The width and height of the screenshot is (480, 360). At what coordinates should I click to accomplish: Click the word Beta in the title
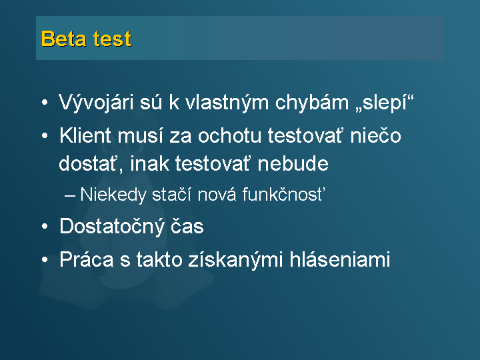pyautogui.click(x=64, y=39)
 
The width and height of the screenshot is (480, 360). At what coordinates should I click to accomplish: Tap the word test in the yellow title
pyautogui.click(x=113, y=39)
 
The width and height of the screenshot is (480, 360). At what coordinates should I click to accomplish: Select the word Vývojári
pyautogui.click(x=96, y=102)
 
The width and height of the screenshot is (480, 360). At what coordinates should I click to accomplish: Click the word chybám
pyautogui.click(x=312, y=102)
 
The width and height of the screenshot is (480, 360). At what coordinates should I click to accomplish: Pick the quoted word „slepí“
pyautogui.click(x=385, y=102)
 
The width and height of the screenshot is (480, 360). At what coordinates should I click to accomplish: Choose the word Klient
pyautogui.click(x=85, y=135)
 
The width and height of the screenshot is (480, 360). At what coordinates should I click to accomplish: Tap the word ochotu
pyautogui.click(x=230, y=135)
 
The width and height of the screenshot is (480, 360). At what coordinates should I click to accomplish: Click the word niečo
pyautogui.click(x=375, y=135)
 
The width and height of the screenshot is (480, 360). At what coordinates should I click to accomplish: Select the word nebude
pyautogui.click(x=293, y=163)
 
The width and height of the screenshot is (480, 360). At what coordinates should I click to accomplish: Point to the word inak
pyautogui.click(x=150, y=163)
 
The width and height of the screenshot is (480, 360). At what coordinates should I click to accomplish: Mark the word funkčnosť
pyautogui.click(x=283, y=194)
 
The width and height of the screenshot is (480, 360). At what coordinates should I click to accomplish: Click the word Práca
pyautogui.click(x=86, y=259)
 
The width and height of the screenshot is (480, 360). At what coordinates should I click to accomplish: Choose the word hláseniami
pyautogui.click(x=340, y=259)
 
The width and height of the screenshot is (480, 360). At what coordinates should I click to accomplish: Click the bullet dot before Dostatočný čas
pyautogui.click(x=45, y=227)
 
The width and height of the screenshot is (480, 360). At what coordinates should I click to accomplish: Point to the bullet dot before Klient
pyautogui.click(x=45, y=135)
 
